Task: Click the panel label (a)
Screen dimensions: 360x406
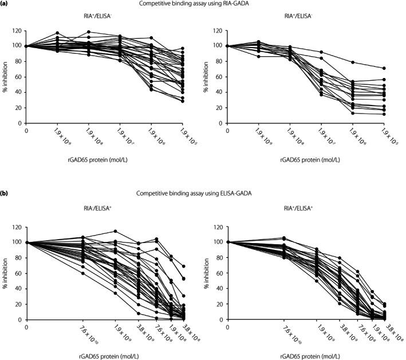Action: (5, 4)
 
